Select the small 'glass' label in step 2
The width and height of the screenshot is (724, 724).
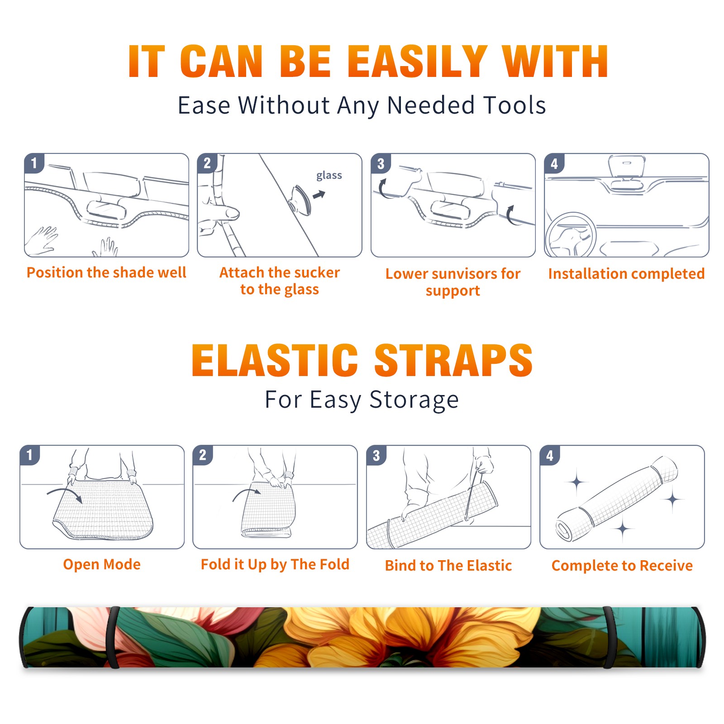329,176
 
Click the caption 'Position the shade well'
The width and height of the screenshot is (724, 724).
106,272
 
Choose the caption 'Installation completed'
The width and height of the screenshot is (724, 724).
626,274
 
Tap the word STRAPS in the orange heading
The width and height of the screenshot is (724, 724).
453,360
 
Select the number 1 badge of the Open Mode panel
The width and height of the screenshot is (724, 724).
30,455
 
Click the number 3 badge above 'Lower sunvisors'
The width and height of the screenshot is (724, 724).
381,164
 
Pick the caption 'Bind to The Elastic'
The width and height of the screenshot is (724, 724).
448,566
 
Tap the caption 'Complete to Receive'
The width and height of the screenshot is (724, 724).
622,566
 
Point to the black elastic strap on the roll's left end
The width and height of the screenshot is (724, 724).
112,637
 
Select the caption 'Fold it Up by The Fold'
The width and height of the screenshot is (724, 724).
275,565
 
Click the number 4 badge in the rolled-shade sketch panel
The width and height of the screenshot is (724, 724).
550,455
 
